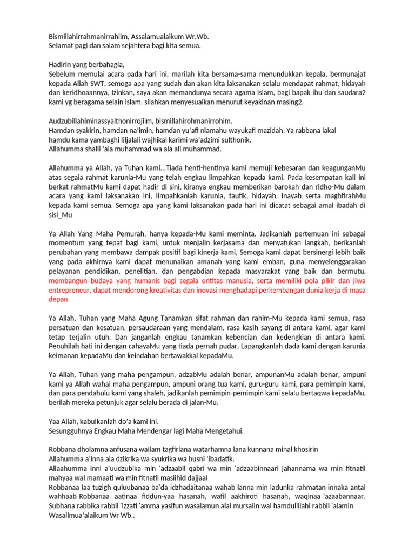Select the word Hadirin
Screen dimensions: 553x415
(x=61, y=64)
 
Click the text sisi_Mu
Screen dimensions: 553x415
(x=60, y=214)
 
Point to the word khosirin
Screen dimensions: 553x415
(x=300, y=449)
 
